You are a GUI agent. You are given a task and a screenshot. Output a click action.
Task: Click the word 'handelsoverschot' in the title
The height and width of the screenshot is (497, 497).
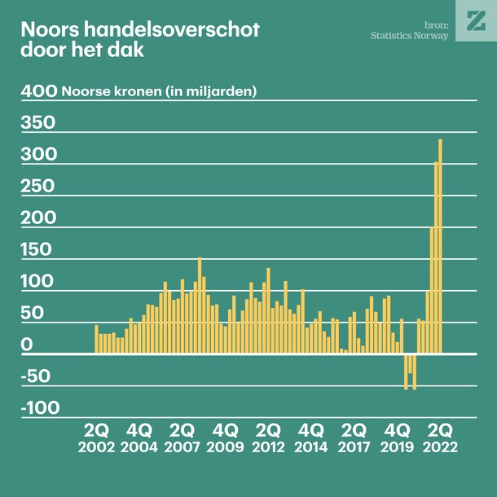(170, 29)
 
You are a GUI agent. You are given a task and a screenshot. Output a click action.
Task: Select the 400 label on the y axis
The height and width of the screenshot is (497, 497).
(38, 90)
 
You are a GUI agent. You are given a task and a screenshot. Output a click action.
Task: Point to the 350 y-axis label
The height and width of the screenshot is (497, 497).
(38, 123)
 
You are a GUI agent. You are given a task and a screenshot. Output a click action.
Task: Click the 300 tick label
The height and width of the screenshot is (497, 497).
(38, 155)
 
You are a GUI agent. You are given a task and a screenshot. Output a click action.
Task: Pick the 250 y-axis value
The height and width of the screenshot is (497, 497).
(38, 186)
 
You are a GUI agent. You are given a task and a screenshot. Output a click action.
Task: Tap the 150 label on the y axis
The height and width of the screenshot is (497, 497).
(38, 250)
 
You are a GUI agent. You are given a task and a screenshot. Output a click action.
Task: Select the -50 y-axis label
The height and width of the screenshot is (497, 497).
(36, 377)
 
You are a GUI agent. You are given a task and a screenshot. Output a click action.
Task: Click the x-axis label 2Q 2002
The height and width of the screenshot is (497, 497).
(97, 438)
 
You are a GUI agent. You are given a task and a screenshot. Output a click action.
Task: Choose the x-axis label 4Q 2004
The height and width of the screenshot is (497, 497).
(140, 438)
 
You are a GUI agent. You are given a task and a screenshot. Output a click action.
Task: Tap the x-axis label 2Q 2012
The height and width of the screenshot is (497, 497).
(269, 438)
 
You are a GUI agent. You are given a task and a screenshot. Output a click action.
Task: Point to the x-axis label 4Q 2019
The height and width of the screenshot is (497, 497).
(398, 438)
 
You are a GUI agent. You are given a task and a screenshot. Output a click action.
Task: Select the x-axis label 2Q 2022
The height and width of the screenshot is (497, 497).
(440, 438)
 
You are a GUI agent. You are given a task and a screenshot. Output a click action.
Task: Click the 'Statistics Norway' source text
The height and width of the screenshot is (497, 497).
(409, 36)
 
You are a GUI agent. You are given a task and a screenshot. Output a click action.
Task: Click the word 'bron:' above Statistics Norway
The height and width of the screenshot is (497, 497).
(436, 24)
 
